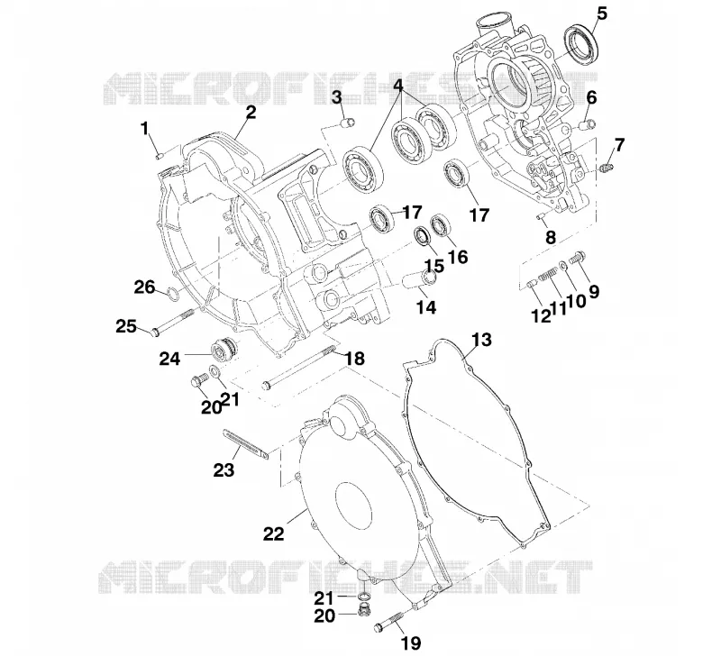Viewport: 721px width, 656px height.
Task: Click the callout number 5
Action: [x=601, y=14]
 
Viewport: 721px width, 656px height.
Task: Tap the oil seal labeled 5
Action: [x=582, y=45]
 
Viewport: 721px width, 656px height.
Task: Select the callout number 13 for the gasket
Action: [x=482, y=340]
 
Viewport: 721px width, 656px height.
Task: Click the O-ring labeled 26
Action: [x=172, y=294]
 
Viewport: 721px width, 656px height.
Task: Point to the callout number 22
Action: [x=273, y=533]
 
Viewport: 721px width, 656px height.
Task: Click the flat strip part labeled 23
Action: [x=245, y=444]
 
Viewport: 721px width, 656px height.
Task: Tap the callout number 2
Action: [x=251, y=112]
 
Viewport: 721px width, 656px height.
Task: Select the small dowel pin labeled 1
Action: [x=160, y=156]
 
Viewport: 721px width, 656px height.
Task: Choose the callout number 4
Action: [x=398, y=85]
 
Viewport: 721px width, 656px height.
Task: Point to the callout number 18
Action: [x=354, y=358]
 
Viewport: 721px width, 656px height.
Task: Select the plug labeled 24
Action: [x=224, y=351]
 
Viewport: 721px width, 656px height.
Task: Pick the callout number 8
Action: [x=551, y=237]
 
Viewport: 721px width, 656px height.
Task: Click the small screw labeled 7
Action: [x=607, y=168]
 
